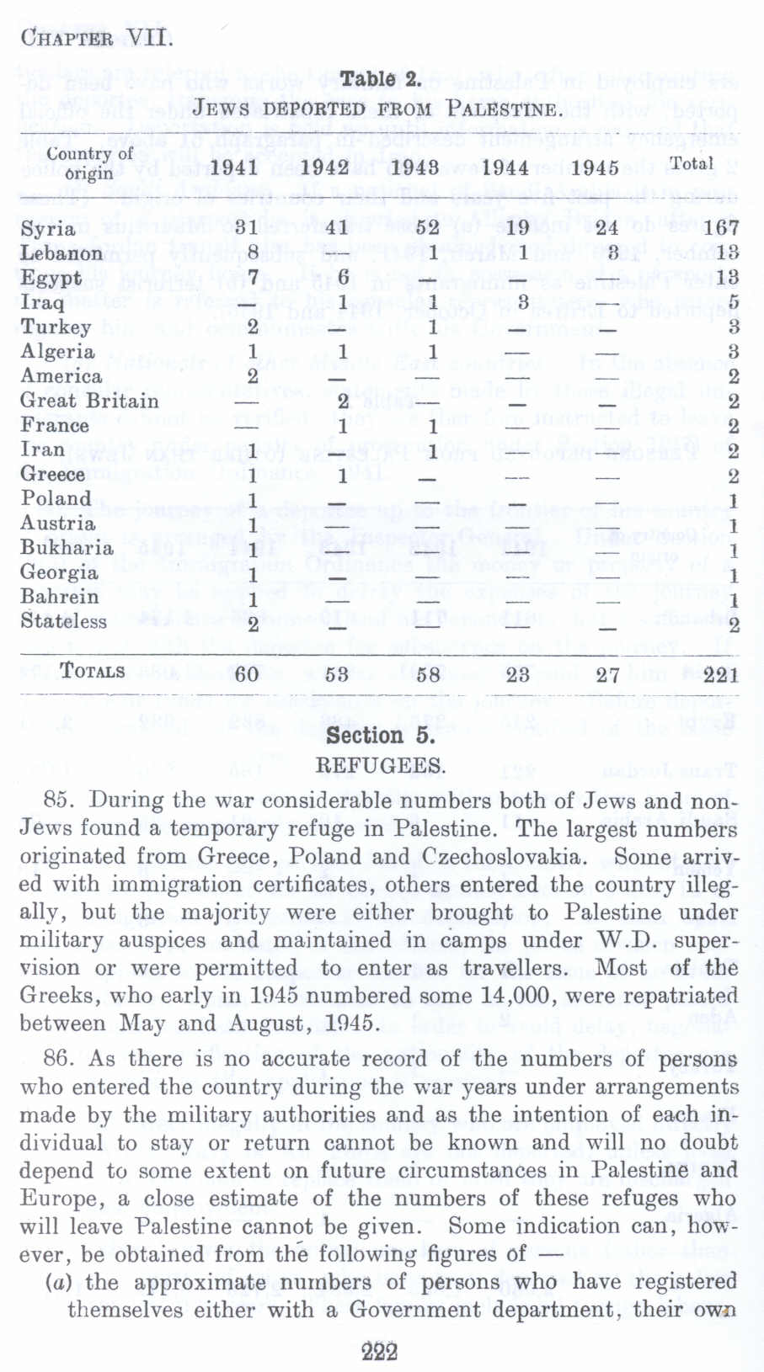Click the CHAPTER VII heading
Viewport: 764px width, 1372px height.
[x=97, y=39]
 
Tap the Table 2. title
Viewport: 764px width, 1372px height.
[x=381, y=80]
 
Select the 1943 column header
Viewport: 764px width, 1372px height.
[x=416, y=167]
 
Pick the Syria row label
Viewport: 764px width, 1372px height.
[x=48, y=229]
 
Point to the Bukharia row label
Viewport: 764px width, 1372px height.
[x=67, y=548]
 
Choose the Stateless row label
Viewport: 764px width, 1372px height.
[x=64, y=622]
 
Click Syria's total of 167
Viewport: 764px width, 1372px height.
[x=721, y=228]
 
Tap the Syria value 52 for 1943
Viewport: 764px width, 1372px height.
[x=428, y=228]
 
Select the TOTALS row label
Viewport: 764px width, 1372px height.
[x=92, y=672]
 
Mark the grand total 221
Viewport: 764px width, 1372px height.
[x=721, y=674]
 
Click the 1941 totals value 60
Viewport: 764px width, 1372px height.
[x=246, y=674]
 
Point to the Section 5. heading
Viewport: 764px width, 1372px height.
[x=381, y=737]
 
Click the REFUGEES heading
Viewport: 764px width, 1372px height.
[x=381, y=766]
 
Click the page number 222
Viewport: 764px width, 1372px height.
[x=380, y=1352]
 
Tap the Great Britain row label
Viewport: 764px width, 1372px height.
[x=89, y=401]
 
